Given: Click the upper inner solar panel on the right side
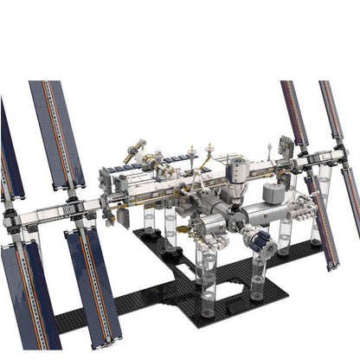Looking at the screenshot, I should click(294, 112).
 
